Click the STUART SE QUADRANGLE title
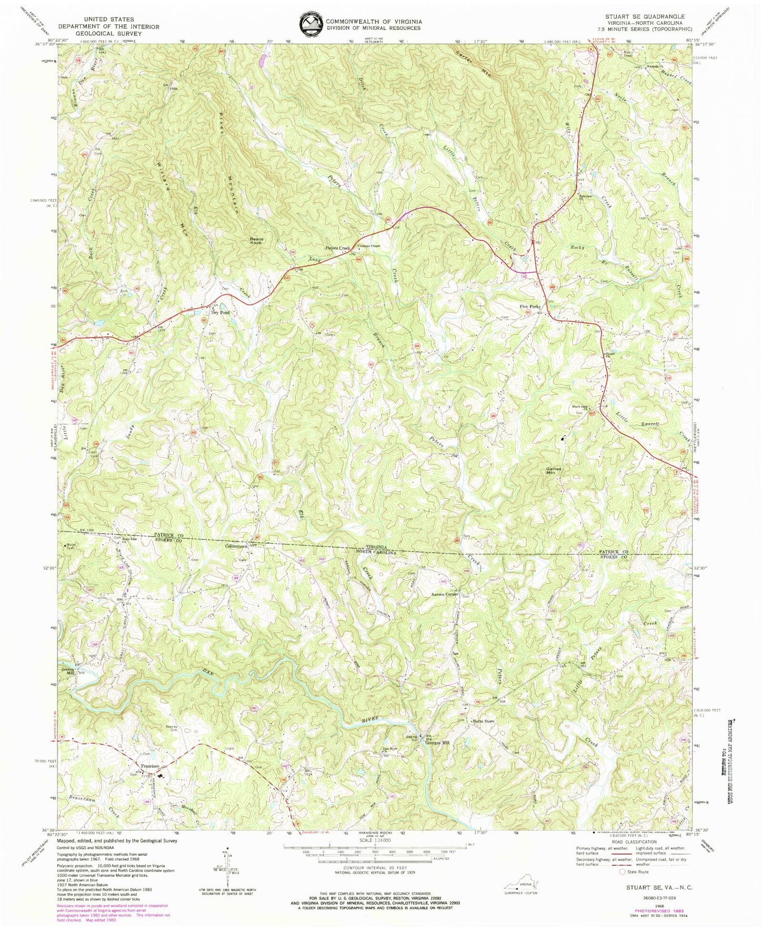click(647, 16)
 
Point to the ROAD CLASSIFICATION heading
click(645, 841)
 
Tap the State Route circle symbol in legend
click(623, 872)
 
